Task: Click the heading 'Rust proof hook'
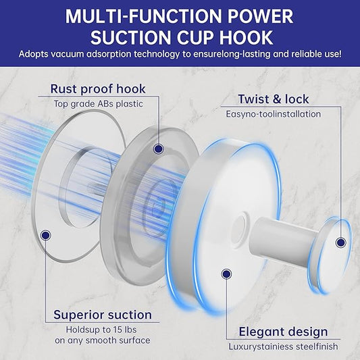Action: [98, 88]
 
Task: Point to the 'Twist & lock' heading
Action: [274, 99]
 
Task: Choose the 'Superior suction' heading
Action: [103, 315]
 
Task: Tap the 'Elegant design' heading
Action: [283, 332]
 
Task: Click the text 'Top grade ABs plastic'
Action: [99, 104]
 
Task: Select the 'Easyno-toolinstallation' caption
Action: [274, 114]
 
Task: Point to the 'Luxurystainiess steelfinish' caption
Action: [283, 346]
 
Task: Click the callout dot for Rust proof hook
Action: [159, 149]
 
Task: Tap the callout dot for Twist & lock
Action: [340, 242]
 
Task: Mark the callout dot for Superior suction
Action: [45, 235]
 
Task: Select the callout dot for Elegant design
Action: [226, 274]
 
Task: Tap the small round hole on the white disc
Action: [239, 230]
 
